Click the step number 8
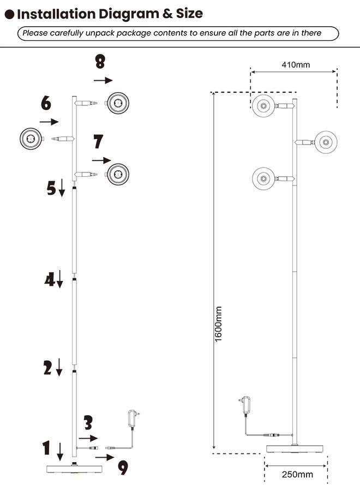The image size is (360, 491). [100, 61]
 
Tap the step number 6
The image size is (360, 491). [46, 102]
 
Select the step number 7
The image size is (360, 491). [98, 141]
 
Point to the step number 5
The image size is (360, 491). [51, 189]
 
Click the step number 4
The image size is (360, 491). [50, 280]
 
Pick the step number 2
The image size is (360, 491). [49, 368]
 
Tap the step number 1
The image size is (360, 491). [47, 448]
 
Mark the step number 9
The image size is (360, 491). [123, 468]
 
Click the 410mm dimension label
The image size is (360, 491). [296, 64]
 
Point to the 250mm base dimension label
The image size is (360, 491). [297, 474]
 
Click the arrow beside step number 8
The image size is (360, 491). [103, 80]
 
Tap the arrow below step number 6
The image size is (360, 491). [49, 122]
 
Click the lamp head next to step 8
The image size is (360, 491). [118, 103]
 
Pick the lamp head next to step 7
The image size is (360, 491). [118, 175]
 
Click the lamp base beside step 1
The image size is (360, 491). [74, 469]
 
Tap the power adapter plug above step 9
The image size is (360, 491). [133, 417]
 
